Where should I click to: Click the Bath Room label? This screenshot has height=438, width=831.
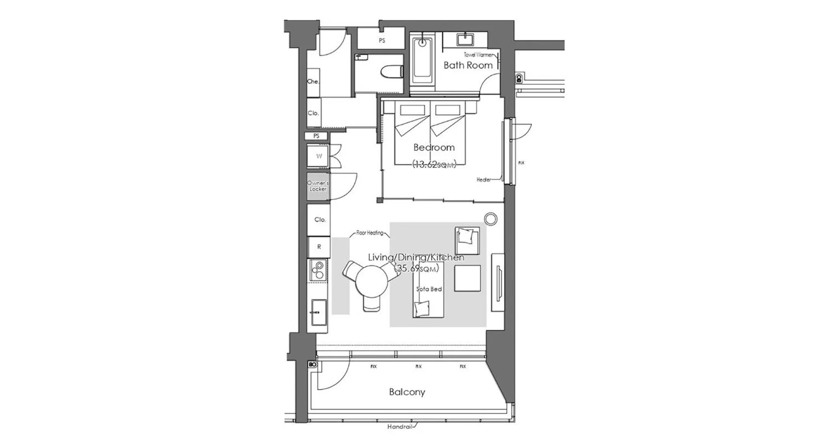tap(468, 65)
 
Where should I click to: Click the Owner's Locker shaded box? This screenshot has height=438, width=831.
tap(318, 186)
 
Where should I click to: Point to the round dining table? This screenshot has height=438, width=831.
tap(371, 281)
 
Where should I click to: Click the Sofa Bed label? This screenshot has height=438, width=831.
tap(429, 289)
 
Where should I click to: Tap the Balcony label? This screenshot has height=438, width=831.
tap(407, 392)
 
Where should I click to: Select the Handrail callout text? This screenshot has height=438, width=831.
tap(400, 427)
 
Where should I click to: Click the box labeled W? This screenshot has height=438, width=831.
tap(319, 156)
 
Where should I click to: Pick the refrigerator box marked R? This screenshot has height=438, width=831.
tap(319, 247)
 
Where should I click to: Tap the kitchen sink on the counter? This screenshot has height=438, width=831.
tap(319, 312)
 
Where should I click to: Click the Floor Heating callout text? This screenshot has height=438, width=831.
tap(370, 233)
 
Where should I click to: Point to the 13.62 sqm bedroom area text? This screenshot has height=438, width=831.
tap(434, 164)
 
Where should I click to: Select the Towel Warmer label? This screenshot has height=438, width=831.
tap(478, 54)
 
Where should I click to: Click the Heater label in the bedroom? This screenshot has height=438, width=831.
tap(484, 180)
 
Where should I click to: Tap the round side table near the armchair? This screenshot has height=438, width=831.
tap(491, 219)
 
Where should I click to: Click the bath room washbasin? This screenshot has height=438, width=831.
tap(464, 40)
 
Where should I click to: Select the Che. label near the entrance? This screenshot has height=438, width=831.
tap(313, 82)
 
